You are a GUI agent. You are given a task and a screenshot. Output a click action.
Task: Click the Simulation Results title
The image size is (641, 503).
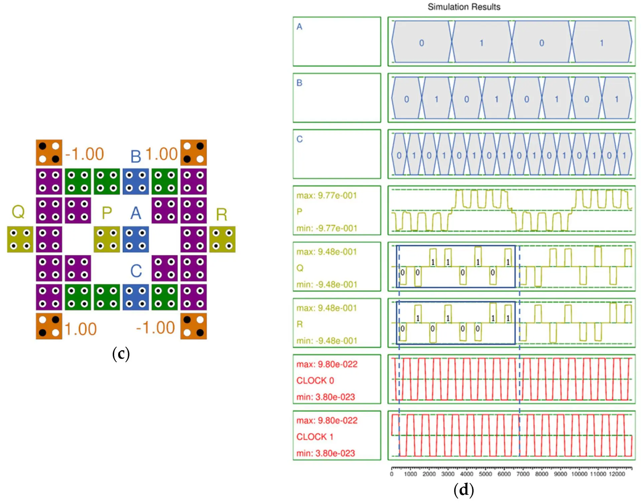(x=464, y=7)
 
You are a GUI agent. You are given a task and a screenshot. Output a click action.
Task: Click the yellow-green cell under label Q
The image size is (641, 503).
(x=20, y=239)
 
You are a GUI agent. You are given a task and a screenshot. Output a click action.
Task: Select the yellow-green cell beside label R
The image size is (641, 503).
(x=222, y=239)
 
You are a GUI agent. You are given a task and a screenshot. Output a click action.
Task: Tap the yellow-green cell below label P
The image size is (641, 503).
(x=107, y=239)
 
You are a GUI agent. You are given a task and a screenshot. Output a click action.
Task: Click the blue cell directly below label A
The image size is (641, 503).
(x=136, y=239)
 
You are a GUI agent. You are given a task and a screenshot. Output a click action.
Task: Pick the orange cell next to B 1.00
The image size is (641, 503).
(x=193, y=152)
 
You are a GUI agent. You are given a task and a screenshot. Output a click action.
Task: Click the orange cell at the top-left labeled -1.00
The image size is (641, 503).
(x=49, y=152)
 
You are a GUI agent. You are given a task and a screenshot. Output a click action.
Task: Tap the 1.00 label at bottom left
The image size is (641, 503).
(x=80, y=329)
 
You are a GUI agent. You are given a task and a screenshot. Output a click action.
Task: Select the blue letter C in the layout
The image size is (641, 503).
(x=136, y=271)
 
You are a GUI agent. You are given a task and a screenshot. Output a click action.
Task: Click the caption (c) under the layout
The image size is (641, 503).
(x=121, y=354)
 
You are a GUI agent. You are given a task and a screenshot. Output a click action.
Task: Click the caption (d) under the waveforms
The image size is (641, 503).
(x=463, y=490)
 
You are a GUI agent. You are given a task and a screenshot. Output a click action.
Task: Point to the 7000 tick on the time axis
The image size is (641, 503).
(x=523, y=474)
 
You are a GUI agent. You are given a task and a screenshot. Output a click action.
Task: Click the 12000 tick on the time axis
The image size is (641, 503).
(x=617, y=474)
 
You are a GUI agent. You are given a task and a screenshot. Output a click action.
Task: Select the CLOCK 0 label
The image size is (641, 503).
(x=315, y=380)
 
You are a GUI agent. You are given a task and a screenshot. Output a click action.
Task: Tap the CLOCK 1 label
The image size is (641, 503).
(x=315, y=436)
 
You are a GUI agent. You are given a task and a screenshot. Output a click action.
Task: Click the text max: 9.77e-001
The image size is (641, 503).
(x=327, y=196)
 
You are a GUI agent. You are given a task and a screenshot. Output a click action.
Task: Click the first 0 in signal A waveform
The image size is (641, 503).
(x=421, y=43)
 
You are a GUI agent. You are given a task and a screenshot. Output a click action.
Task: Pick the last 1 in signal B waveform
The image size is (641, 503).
(x=617, y=99)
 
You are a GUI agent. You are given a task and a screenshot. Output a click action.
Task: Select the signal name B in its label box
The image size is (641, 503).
(x=299, y=83)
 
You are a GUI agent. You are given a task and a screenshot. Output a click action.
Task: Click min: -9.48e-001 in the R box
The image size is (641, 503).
(x=327, y=341)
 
